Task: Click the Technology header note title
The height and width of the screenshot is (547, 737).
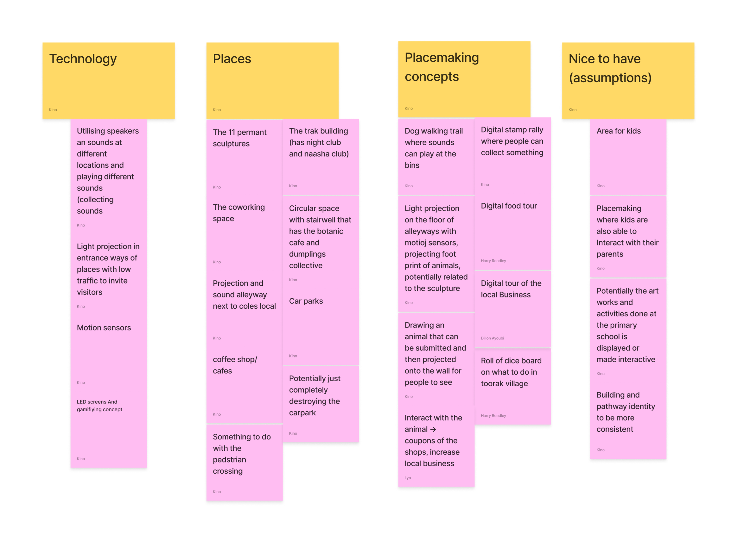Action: pos(83,59)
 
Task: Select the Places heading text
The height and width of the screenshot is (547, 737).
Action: pos(232,59)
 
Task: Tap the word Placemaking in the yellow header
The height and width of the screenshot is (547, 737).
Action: pos(442,58)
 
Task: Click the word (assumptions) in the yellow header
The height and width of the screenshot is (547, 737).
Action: pos(610,78)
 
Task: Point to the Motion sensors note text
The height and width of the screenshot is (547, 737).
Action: pos(104,328)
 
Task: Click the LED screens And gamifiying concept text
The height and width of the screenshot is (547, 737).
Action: pos(99,406)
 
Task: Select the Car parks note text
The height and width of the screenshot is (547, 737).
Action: pos(306,301)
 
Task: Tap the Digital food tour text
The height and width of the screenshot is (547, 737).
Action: pos(509,206)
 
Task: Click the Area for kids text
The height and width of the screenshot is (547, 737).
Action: pos(618,131)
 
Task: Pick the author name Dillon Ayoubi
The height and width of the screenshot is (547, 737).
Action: pos(492,338)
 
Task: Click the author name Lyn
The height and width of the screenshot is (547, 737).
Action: pos(408,478)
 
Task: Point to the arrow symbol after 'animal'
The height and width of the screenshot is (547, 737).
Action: pos(433,429)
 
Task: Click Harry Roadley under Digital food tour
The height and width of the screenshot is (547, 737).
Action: pos(493,261)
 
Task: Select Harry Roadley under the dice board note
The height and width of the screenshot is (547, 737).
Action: pos(493,415)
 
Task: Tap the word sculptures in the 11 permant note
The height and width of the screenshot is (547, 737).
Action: pos(231,144)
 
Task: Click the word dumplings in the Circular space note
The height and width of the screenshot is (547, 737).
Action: pos(307,254)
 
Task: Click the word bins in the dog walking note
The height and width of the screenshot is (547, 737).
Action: pos(412,165)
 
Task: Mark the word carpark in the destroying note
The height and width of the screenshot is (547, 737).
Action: pos(302,413)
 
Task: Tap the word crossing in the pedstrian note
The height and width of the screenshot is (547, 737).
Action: pos(228,471)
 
